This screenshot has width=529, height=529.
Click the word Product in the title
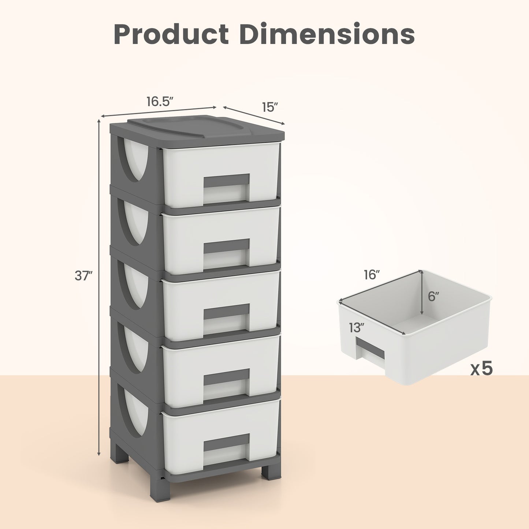coord(171,34)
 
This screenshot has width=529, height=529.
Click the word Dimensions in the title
coord(327,34)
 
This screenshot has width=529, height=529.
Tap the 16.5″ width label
coord(160,102)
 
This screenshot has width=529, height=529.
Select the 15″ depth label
coord(270,107)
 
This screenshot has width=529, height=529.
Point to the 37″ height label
coord(83,276)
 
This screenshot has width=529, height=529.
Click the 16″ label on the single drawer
coord(372,275)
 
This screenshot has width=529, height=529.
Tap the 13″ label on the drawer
coord(356,328)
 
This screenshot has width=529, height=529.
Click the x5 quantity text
coord(482,369)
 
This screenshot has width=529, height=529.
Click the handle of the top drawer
coord(226,181)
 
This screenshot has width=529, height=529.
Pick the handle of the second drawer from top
coord(226,246)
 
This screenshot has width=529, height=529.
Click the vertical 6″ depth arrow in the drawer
coord(422,293)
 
